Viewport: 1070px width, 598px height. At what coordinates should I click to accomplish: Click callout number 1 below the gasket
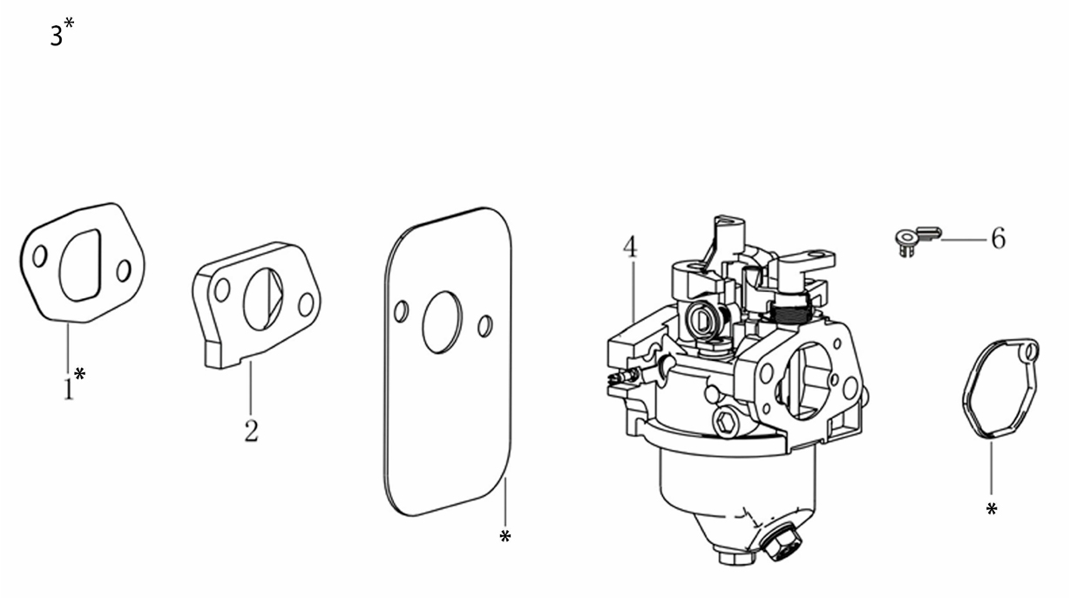pos(69,389)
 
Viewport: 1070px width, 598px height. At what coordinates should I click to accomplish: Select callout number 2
pos(251,431)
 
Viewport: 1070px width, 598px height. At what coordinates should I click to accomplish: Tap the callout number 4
pos(630,246)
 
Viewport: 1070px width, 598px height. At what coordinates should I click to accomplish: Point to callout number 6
pos(998,238)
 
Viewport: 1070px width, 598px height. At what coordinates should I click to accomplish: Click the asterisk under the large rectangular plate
pos(505,536)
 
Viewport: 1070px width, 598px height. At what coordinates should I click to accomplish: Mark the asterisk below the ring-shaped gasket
pos(992,509)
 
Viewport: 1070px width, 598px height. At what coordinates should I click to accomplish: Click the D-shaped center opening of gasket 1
pos(80,265)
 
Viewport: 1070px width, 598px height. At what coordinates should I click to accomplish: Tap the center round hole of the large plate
pos(442,323)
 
